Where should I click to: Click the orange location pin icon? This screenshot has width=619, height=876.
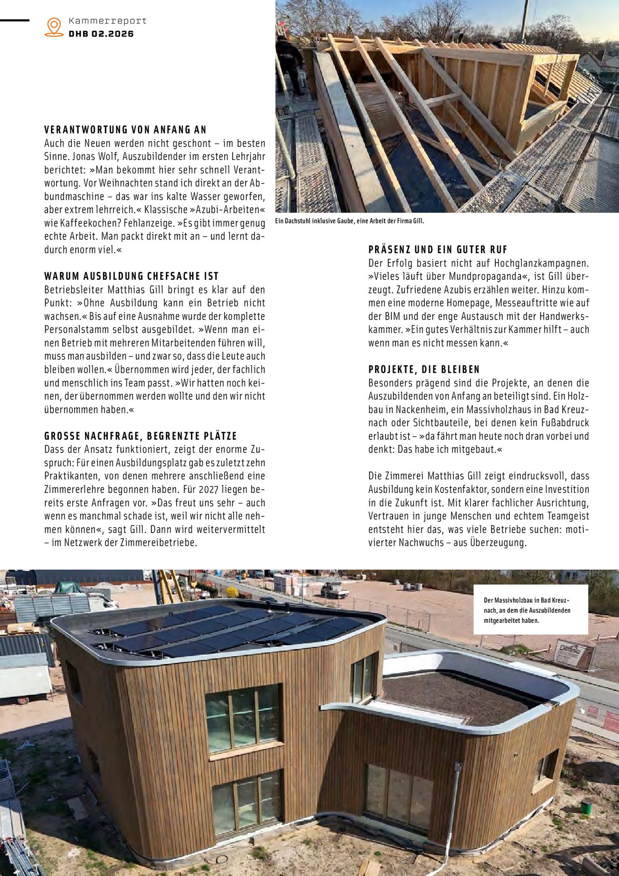click(54, 27)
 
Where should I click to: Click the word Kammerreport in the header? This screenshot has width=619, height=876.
click(107, 21)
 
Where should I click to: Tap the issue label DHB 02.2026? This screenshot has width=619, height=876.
click(101, 34)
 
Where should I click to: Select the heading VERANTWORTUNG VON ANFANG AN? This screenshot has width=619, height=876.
click(125, 130)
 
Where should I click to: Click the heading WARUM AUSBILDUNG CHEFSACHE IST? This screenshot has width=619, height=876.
click(131, 276)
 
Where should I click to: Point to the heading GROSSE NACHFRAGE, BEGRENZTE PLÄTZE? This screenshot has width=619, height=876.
click(141, 436)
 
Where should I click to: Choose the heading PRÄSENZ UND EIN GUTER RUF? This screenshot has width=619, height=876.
click(437, 249)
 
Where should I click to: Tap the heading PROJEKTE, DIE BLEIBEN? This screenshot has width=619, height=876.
click(424, 370)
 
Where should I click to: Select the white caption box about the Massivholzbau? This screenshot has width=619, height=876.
click(530, 610)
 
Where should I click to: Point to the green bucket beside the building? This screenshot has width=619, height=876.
click(586, 806)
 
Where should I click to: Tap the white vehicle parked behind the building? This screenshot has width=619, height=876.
click(335, 591)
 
